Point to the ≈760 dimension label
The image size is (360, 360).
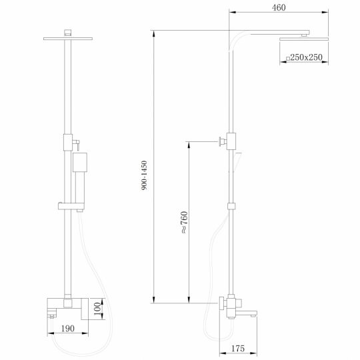tap(183, 221)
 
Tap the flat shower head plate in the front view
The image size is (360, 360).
tap(69, 39)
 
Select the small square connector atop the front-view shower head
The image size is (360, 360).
tap(69, 31)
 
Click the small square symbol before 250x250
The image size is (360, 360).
tap(287, 59)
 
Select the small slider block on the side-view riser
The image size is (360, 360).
tap(231, 207)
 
